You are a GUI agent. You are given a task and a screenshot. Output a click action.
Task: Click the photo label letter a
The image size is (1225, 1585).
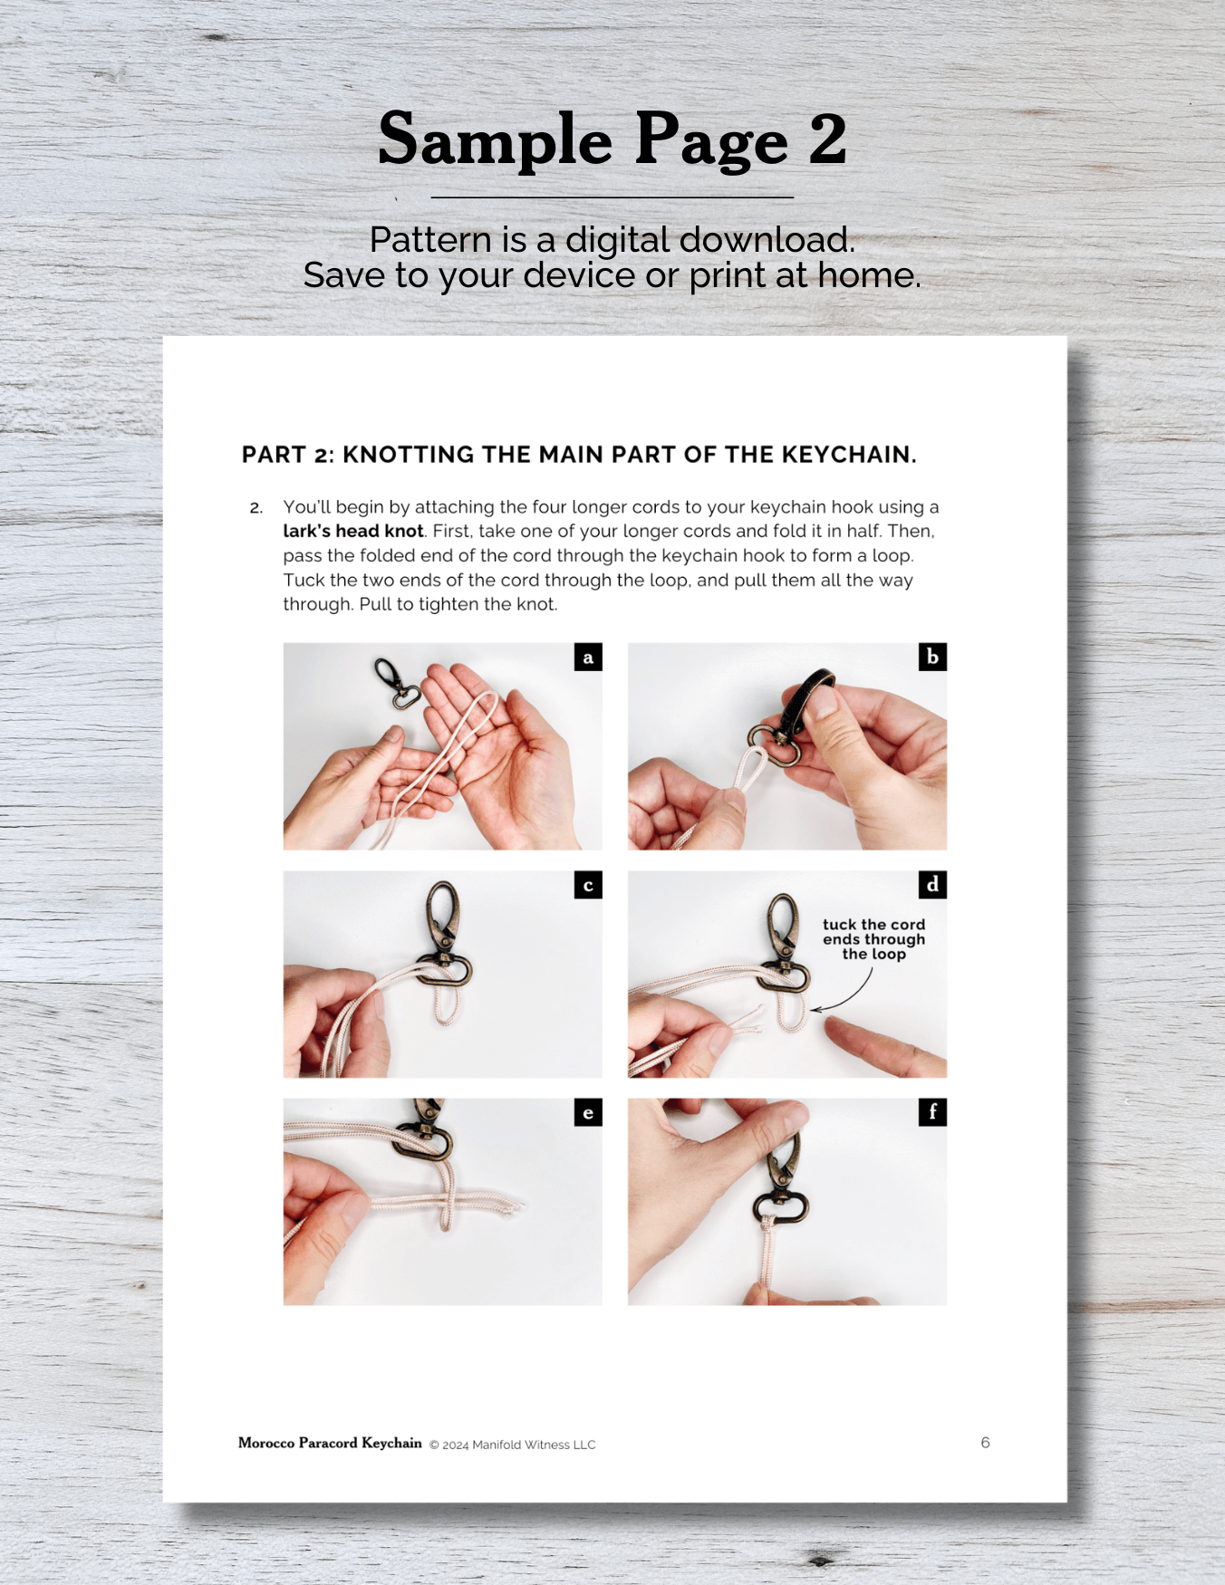tap(588, 658)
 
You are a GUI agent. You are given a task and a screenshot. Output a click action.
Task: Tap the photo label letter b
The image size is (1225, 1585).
tap(932, 658)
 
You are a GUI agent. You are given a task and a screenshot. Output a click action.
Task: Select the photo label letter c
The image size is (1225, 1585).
tap(588, 885)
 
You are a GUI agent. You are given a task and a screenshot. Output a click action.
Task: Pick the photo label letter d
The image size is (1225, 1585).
tap(932, 885)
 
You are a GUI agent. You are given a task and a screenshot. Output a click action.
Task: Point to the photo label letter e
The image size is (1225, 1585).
tap(588, 1112)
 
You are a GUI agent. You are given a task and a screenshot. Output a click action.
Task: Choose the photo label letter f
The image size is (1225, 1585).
tap(932, 1112)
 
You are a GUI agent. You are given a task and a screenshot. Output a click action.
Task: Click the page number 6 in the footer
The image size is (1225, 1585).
tap(985, 1442)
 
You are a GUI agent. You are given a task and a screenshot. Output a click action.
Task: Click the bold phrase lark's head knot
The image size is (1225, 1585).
tap(353, 531)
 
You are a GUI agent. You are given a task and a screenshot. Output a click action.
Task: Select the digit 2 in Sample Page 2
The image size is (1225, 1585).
tap(827, 139)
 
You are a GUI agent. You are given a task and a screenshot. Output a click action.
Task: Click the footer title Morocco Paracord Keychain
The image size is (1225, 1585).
tap(330, 1443)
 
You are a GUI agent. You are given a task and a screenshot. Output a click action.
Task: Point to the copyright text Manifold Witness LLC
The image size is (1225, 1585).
tap(534, 1445)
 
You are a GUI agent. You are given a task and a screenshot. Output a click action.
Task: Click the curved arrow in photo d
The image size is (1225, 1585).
tap(856, 994)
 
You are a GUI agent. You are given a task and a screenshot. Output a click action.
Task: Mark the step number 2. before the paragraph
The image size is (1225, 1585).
tap(256, 508)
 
